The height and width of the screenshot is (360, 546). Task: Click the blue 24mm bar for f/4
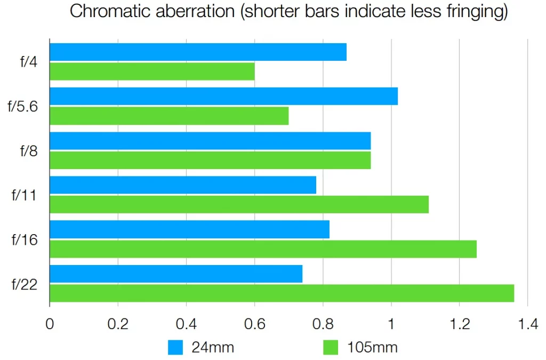click(198, 52)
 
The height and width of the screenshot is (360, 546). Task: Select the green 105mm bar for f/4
click(152, 71)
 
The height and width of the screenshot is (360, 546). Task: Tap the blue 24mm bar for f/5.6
click(223, 97)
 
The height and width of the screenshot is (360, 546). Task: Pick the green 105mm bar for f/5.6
click(169, 116)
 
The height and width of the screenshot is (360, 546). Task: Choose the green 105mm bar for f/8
click(210, 160)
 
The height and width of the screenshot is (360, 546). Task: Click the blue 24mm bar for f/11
click(183, 185)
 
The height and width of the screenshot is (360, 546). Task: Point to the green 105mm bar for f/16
click(263, 249)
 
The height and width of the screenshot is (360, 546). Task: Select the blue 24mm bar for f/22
click(176, 274)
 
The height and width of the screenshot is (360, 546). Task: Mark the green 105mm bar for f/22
click(282, 293)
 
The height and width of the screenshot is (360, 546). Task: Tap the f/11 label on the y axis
click(25, 195)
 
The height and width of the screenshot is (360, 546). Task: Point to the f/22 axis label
click(25, 284)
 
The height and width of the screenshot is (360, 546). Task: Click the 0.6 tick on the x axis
click(254, 323)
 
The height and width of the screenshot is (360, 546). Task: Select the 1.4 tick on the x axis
click(527, 323)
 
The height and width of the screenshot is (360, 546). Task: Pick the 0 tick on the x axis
click(50, 323)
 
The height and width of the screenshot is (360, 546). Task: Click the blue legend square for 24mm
click(175, 347)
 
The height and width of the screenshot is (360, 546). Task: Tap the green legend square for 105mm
click(331, 347)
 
